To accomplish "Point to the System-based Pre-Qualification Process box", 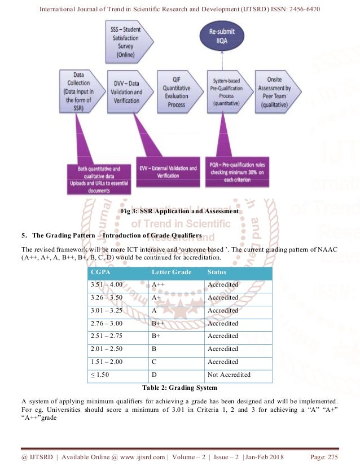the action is tap(228, 93).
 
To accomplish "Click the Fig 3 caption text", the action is tap(180, 212).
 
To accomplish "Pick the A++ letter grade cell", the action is tap(159, 285).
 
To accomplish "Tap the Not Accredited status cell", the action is tap(229, 375).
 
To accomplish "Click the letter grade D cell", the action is tap(155, 375).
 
